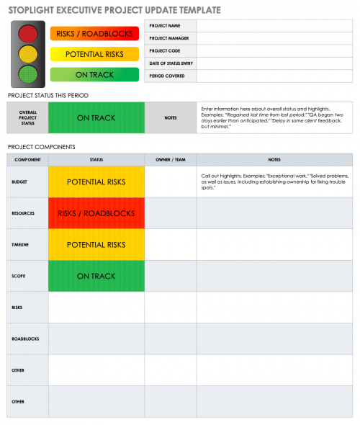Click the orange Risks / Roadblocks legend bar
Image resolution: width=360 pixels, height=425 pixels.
[94, 33]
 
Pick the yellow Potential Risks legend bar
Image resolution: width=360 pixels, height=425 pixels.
[94, 54]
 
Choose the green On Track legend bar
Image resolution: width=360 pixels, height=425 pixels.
[94, 74]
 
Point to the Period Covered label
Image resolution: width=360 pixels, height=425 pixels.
[166, 76]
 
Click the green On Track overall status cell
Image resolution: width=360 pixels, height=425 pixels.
[96, 117]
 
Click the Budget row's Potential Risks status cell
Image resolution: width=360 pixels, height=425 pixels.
[96, 182]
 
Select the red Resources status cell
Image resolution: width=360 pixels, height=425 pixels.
[96, 213]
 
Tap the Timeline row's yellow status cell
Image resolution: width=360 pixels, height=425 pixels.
[96, 245]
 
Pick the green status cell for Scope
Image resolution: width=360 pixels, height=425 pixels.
[96, 276]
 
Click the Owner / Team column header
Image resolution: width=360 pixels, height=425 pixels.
[171, 159]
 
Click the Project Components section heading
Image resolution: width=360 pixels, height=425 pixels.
[41, 147]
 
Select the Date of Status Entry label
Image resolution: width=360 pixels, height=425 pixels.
[170, 63]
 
